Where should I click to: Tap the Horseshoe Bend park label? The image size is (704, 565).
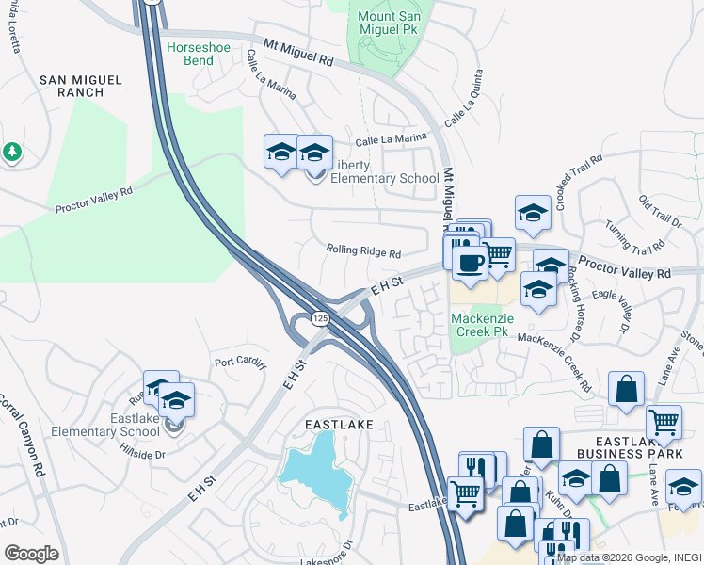click(202, 53)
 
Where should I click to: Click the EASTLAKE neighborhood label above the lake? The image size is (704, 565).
click(339, 425)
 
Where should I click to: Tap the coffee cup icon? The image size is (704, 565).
click(470, 263)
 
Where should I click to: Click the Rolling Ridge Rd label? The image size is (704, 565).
click(364, 252)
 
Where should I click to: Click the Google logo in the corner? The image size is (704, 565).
click(31, 553)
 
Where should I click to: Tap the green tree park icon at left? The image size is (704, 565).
click(11, 152)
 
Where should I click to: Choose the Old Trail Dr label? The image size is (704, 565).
click(660, 212)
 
